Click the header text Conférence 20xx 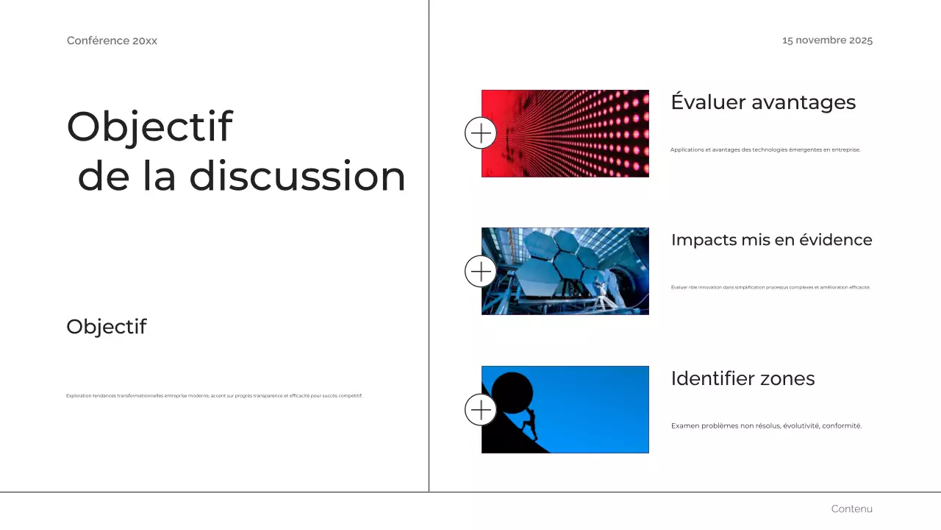(112, 40)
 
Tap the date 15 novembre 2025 (827, 40)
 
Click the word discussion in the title (297, 177)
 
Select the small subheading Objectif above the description (107, 327)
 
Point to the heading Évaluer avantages (763, 102)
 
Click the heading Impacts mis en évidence (771, 240)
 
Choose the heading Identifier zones (743, 378)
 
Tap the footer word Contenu (851, 509)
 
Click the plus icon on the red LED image (481, 133)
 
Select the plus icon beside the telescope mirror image (481, 272)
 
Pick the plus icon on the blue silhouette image (481, 409)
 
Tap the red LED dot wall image (581, 133)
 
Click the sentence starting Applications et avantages (765, 149)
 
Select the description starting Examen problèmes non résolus (766, 425)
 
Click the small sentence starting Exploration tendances (214, 396)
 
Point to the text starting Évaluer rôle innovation (770, 287)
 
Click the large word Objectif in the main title (150, 127)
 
